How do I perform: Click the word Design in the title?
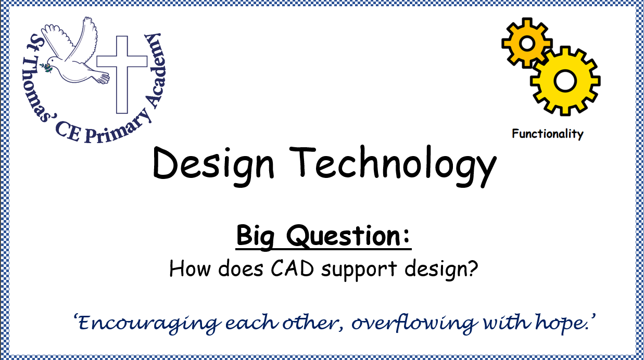coord(213,166)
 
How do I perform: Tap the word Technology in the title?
coord(393,166)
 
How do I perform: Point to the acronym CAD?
coord(292,268)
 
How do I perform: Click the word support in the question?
coord(359,270)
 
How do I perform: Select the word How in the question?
coord(190,268)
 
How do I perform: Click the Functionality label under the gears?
coord(548,134)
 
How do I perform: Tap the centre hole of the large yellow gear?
coord(565,81)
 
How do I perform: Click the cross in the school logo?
coord(122,74)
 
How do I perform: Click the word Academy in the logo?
coord(156,70)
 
